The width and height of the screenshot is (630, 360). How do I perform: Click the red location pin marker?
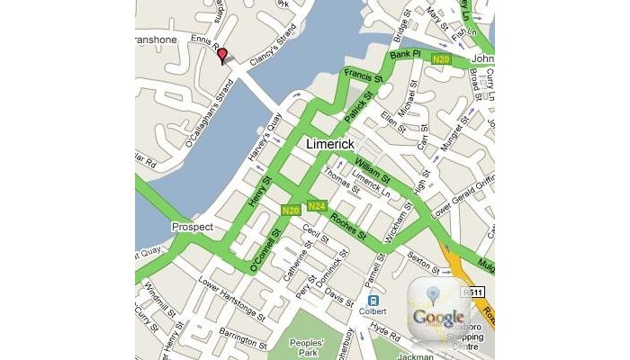[222, 57]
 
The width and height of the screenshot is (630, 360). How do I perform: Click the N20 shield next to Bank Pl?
[441, 59]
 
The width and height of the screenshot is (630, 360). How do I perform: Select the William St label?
[372, 168]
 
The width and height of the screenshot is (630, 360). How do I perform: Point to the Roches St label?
[347, 226]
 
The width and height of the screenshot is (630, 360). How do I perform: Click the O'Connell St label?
[265, 250]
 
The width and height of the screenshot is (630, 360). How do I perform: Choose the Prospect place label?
[191, 227]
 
